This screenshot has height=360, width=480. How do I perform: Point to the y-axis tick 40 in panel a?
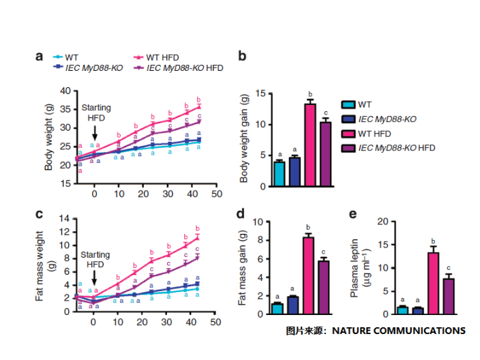pyautogui.click(x=65, y=91)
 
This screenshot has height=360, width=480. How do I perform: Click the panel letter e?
pyautogui.click(x=353, y=214)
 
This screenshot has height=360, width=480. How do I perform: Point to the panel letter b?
pyautogui.click(x=242, y=57)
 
